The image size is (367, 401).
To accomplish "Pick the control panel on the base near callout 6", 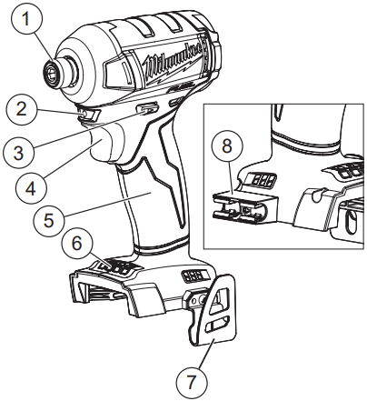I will tap(116, 267).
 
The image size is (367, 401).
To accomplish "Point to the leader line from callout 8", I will tap(228, 173).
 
